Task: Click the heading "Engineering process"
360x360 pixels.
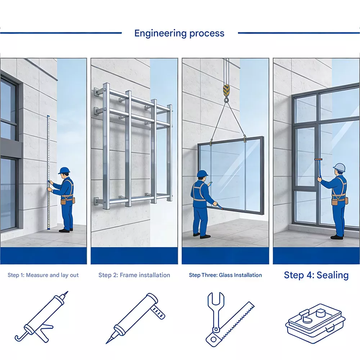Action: (x=179, y=33)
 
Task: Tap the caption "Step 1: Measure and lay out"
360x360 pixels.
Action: (x=43, y=275)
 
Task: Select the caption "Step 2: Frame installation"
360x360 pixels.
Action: (x=134, y=275)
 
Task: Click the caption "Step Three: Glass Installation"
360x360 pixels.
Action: (x=225, y=275)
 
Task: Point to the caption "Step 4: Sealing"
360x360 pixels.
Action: (x=316, y=275)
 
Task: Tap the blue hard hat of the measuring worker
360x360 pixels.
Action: (x=64, y=170)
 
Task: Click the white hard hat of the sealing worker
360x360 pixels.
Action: (x=339, y=167)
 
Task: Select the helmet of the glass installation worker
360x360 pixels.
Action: (x=202, y=174)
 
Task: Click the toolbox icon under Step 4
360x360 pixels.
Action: (x=315, y=324)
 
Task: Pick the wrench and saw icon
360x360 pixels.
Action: (x=230, y=319)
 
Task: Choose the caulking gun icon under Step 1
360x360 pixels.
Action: (x=42, y=317)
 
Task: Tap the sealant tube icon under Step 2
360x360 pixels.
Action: (x=135, y=318)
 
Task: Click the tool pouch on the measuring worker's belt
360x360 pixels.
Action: (x=63, y=202)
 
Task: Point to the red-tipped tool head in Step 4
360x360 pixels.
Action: (x=319, y=159)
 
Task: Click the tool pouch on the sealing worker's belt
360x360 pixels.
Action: (x=335, y=202)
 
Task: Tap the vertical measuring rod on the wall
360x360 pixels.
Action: (x=49, y=172)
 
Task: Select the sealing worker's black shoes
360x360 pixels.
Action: (x=337, y=237)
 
